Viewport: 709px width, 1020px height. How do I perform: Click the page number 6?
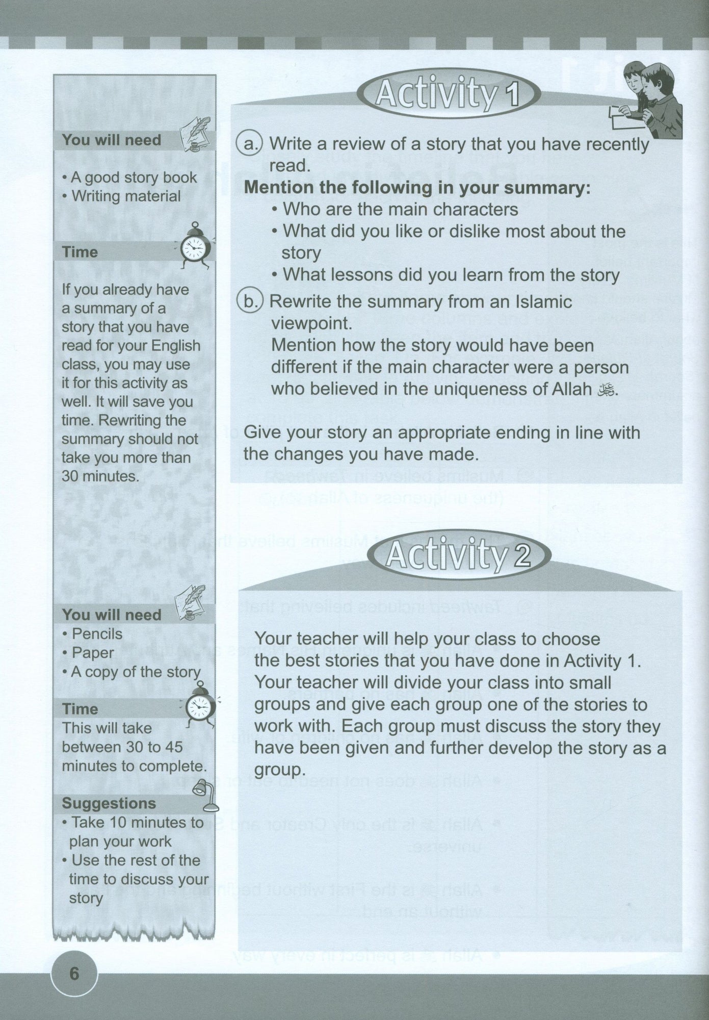coord(74,974)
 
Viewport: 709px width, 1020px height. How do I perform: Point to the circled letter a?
coord(249,144)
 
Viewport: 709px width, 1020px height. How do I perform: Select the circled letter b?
coord(249,302)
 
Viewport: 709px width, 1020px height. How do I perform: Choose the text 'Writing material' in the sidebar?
coord(126,196)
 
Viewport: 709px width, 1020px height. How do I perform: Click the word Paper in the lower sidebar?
coord(93,653)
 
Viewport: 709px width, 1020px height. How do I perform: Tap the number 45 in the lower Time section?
coord(172,747)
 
